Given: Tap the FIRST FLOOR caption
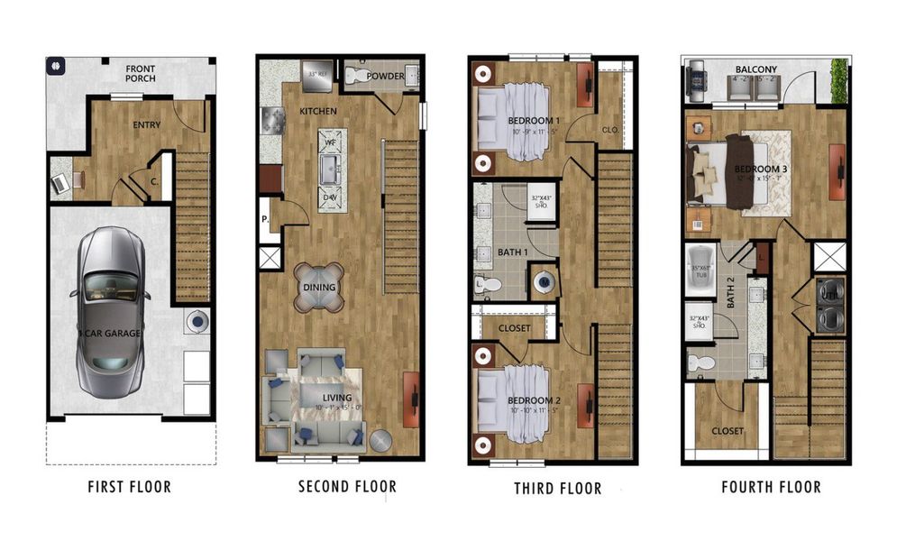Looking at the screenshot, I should pyautogui.click(x=129, y=487).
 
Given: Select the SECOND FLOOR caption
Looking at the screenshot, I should pyautogui.click(x=347, y=487).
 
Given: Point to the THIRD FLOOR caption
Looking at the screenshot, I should pyautogui.click(x=559, y=488).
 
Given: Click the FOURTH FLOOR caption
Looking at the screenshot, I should pyautogui.click(x=771, y=487).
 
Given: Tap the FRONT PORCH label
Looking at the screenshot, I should pyautogui.click(x=140, y=73).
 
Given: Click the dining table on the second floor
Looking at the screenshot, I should pyautogui.click(x=319, y=288).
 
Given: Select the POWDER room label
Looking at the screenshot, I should pyautogui.click(x=385, y=77).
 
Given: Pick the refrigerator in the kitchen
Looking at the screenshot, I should pyautogui.click(x=317, y=76).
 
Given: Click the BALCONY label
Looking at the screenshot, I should pyautogui.click(x=755, y=69).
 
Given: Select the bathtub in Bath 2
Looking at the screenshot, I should pyautogui.click(x=698, y=268).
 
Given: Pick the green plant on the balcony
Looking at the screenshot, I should pyautogui.click(x=839, y=81).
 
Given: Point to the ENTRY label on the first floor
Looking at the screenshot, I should pyautogui.click(x=147, y=125).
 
